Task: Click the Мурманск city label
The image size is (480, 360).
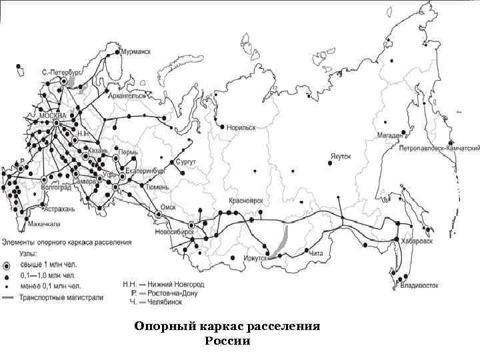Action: (x=135, y=51)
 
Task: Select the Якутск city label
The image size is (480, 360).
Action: (x=339, y=158)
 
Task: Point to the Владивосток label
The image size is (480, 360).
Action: (x=419, y=286)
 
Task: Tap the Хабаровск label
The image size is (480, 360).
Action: (x=417, y=240)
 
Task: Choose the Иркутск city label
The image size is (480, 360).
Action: (x=255, y=257)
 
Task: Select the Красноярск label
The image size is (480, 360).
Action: (x=246, y=200)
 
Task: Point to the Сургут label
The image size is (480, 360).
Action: (x=185, y=162)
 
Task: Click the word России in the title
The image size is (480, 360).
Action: (x=227, y=341)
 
